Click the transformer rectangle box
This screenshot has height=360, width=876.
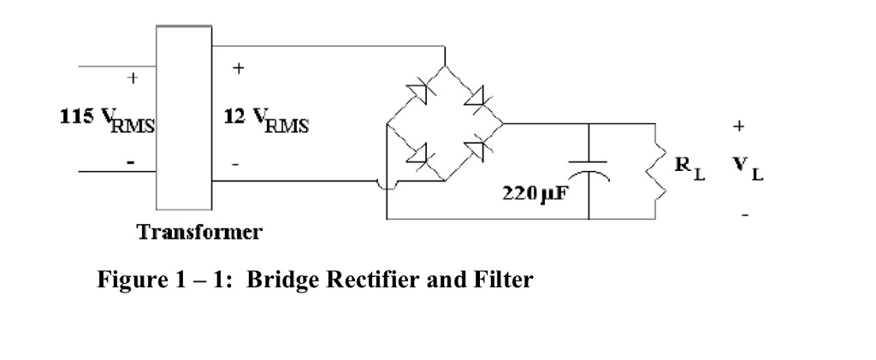pos(183,117)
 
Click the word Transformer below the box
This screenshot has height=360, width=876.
pos(200,232)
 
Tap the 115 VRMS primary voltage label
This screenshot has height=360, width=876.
pos(108,121)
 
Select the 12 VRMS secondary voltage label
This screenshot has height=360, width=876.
pos(266,121)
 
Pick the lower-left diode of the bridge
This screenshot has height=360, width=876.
pos(417,153)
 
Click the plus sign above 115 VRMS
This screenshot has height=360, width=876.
pos(132,78)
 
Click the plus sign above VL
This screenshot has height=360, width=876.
pos(738,126)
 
